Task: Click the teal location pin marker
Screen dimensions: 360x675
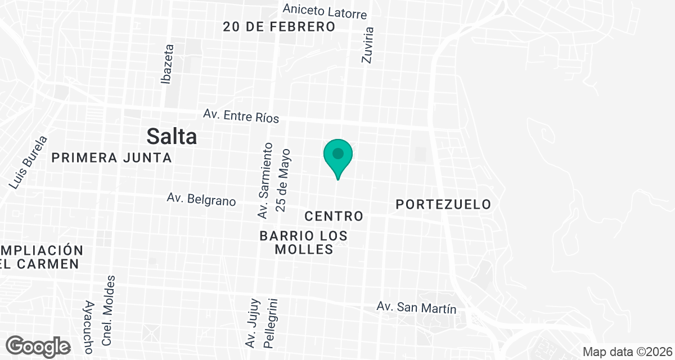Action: pos(337,155)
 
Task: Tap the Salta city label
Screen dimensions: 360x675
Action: pos(172,136)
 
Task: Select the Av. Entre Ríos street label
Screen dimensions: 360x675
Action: pos(241,115)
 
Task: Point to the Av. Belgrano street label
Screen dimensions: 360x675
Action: pos(201,199)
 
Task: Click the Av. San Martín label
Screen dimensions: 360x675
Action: pos(416,308)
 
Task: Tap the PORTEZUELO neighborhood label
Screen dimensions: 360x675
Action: pos(443,204)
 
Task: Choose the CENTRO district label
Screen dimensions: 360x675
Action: pos(334,216)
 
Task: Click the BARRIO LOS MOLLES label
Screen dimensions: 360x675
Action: pos(304,242)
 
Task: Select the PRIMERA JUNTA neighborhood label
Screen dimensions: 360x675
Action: pos(111,158)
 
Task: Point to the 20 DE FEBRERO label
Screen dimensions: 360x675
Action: pos(279,26)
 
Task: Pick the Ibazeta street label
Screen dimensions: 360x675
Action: pos(167,64)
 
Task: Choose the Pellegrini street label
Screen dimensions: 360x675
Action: pos(274,323)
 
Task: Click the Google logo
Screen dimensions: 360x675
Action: pos(38,346)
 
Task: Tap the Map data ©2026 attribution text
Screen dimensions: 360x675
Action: pos(627,352)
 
